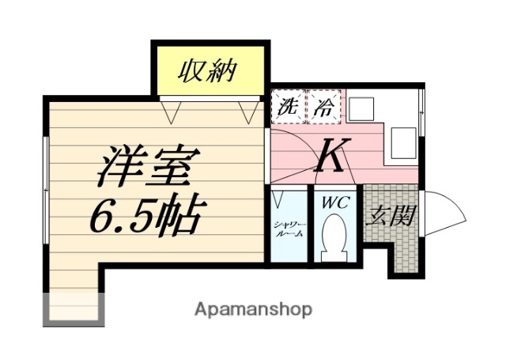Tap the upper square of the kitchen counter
pyautogui.click(x=364, y=108)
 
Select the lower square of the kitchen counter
pyautogui.click(x=403, y=142)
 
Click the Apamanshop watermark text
pyautogui.click(x=253, y=309)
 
